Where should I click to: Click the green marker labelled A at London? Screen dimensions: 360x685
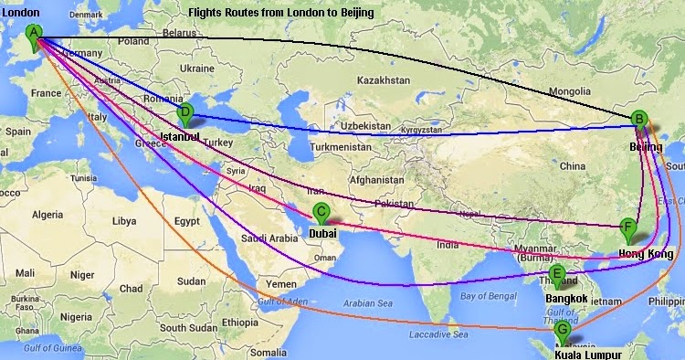35,34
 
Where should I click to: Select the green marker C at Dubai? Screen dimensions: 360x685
321,213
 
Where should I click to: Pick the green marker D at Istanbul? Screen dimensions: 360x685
186,114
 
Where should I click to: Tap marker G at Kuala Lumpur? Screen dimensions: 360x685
564,330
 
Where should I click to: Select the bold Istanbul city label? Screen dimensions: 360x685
179,136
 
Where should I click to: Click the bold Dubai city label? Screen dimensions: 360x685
323,233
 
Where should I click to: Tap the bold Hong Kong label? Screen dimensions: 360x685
651,253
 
